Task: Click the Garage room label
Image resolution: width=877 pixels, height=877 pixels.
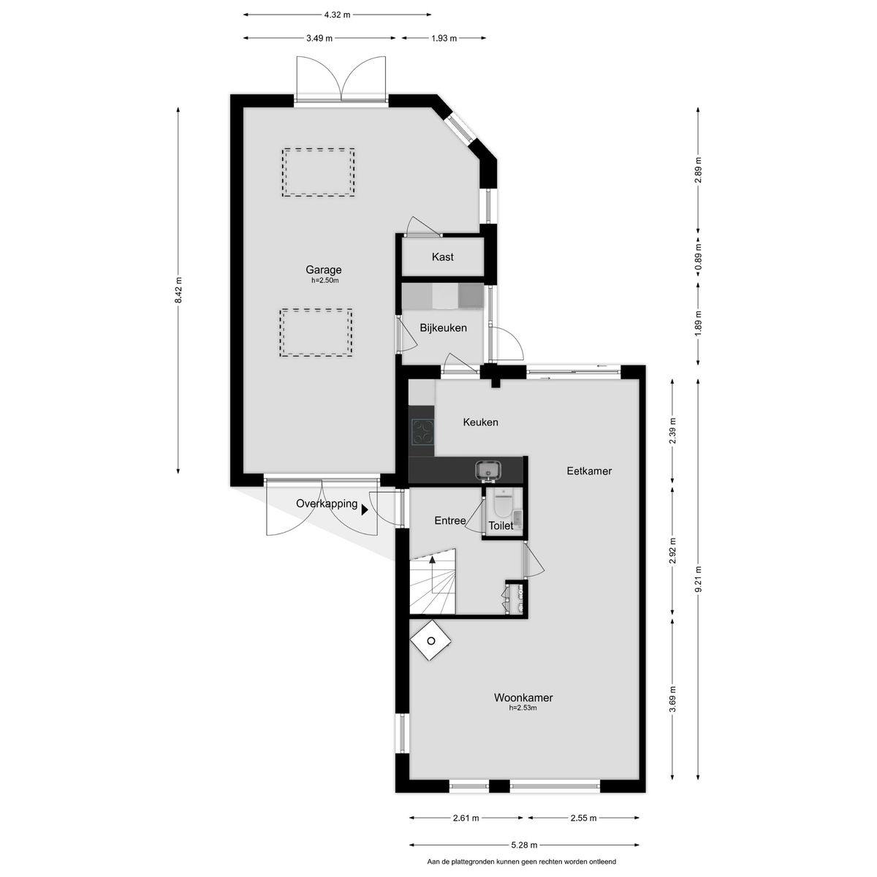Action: click(323, 270)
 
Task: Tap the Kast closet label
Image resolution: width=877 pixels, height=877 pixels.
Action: click(442, 257)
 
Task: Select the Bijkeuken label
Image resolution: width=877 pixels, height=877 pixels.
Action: click(443, 328)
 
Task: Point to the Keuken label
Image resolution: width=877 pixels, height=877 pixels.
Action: click(480, 422)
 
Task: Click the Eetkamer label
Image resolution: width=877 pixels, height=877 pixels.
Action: click(589, 471)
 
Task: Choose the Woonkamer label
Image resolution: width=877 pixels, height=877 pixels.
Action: click(523, 698)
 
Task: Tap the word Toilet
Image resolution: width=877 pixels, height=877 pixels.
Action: click(501, 525)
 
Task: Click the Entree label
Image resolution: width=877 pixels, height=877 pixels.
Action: click(450, 520)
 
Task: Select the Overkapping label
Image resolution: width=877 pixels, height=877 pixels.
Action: click(327, 504)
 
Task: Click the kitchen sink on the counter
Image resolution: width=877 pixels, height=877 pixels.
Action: click(488, 469)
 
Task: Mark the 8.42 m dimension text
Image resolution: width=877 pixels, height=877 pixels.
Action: click(178, 291)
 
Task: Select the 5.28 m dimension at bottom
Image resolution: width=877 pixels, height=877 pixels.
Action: click(524, 846)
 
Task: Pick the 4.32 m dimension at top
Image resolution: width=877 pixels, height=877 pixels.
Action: click(336, 14)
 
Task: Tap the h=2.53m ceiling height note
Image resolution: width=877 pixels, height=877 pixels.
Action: click(523, 708)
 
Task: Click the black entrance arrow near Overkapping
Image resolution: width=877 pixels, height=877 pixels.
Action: click(364, 511)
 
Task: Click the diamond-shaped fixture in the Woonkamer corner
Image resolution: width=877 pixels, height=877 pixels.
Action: click(430, 641)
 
